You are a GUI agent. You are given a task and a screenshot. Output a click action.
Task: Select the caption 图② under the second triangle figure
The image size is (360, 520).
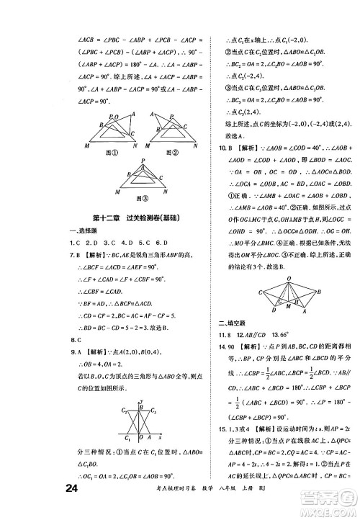[x=171, y=152]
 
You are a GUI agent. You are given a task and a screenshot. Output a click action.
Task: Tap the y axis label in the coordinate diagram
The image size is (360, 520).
[x=143, y=400]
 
